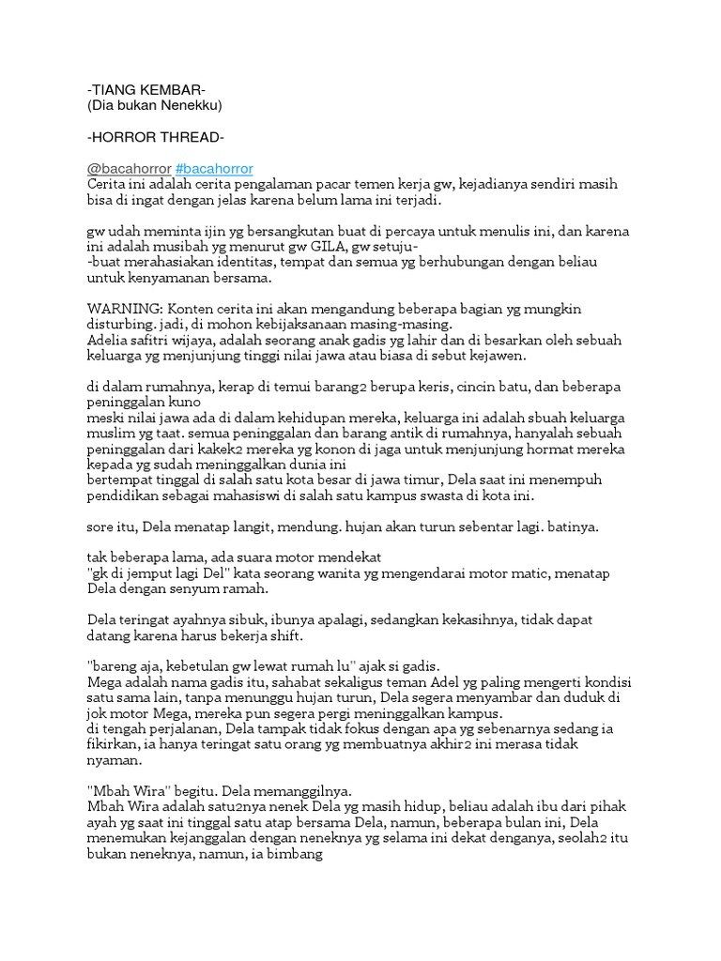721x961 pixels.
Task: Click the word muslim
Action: tap(109, 433)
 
